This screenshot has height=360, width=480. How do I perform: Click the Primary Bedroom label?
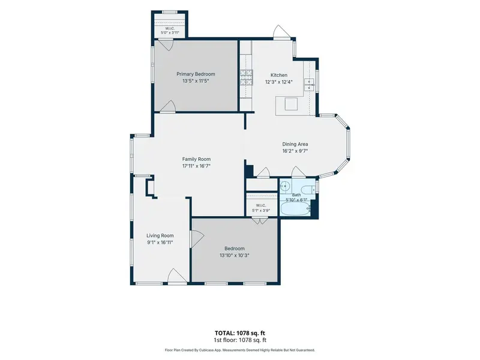[196, 74]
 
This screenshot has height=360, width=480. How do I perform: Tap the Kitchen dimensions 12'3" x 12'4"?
[279, 82]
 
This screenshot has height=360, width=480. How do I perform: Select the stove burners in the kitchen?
[246, 77]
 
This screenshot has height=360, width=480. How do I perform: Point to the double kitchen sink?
[309, 85]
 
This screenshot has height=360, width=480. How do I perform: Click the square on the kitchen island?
[291, 104]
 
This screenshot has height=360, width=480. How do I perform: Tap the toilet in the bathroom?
[308, 190]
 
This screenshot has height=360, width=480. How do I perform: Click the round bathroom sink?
[284, 186]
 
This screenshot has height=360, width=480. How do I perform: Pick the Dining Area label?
[295, 144]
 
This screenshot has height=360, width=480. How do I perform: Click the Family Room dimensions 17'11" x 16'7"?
[196, 166]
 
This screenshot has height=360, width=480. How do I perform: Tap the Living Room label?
[160, 236]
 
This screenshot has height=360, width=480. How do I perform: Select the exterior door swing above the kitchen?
[281, 32]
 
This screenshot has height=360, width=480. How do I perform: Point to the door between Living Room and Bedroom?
[197, 238]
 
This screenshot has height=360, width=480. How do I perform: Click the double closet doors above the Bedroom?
[260, 220]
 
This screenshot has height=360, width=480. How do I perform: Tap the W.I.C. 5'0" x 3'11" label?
[170, 31]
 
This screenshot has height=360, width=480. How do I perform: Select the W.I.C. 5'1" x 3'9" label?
[261, 208]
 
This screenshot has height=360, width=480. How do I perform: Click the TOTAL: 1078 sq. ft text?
[239, 333]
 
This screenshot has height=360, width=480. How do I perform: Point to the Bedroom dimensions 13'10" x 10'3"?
[234, 256]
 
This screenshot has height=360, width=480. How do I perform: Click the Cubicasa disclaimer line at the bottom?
[239, 350]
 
